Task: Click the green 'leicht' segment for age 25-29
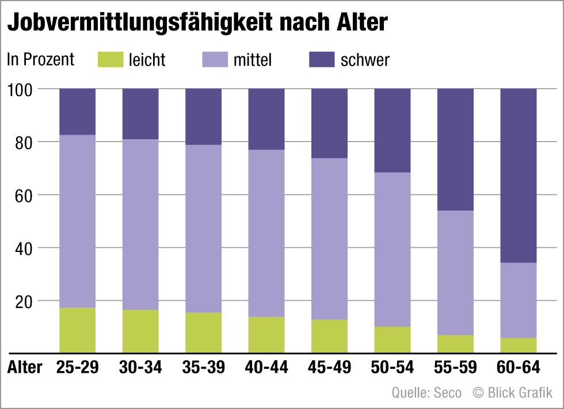click(77, 330)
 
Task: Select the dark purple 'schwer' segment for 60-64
click(518, 175)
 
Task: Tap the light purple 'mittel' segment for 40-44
click(266, 233)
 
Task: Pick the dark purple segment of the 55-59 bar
click(455, 150)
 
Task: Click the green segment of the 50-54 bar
click(392, 339)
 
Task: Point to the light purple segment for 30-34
click(140, 224)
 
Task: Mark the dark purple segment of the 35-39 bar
click(203, 116)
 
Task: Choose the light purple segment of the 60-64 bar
click(518, 300)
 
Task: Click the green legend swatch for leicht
click(109, 59)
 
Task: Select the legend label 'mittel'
click(252, 60)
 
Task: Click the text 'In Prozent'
click(40, 60)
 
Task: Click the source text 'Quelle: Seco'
click(426, 393)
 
